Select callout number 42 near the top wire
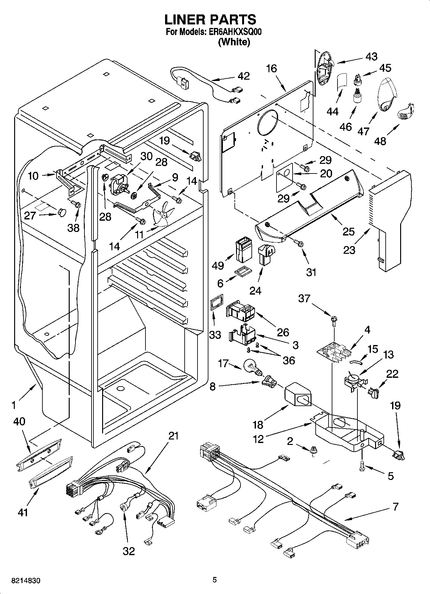[x=244, y=76]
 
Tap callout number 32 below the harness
[x=129, y=551]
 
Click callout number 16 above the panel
[x=271, y=68]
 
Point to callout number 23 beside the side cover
[x=349, y=249]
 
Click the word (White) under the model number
[x=234, y=42]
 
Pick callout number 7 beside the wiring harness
[x=395, y=507]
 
